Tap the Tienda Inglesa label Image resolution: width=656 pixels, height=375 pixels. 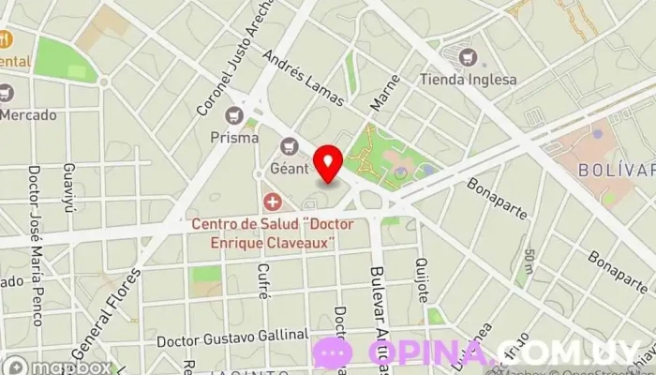point(467,80)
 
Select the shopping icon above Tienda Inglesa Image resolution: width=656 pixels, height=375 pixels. point(468,56)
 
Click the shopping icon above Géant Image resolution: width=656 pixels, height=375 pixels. point(290,146)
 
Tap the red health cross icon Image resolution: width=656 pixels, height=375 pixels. point(273,201)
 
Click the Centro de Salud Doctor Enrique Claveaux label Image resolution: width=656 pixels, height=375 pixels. point(264,232)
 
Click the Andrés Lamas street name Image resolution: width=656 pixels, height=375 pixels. point(303,77)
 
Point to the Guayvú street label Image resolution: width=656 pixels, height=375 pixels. point(67,187)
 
